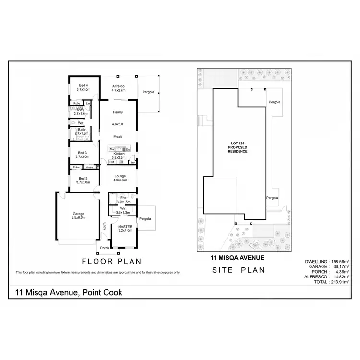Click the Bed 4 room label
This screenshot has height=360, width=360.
click(84, 85)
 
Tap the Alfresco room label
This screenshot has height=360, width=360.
click(118, 85)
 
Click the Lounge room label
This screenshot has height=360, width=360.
click(120, 176)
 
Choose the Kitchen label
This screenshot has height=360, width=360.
click(119, 154)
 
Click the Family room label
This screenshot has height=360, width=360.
click(118, 112)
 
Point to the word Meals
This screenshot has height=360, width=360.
click(118, 137)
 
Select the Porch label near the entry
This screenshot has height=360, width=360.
click(104, 248)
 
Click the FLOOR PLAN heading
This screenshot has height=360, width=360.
click(112, 262)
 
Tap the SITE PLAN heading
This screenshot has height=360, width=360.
click(239, 270)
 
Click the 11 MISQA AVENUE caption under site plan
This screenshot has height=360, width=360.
click(238, 257)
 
